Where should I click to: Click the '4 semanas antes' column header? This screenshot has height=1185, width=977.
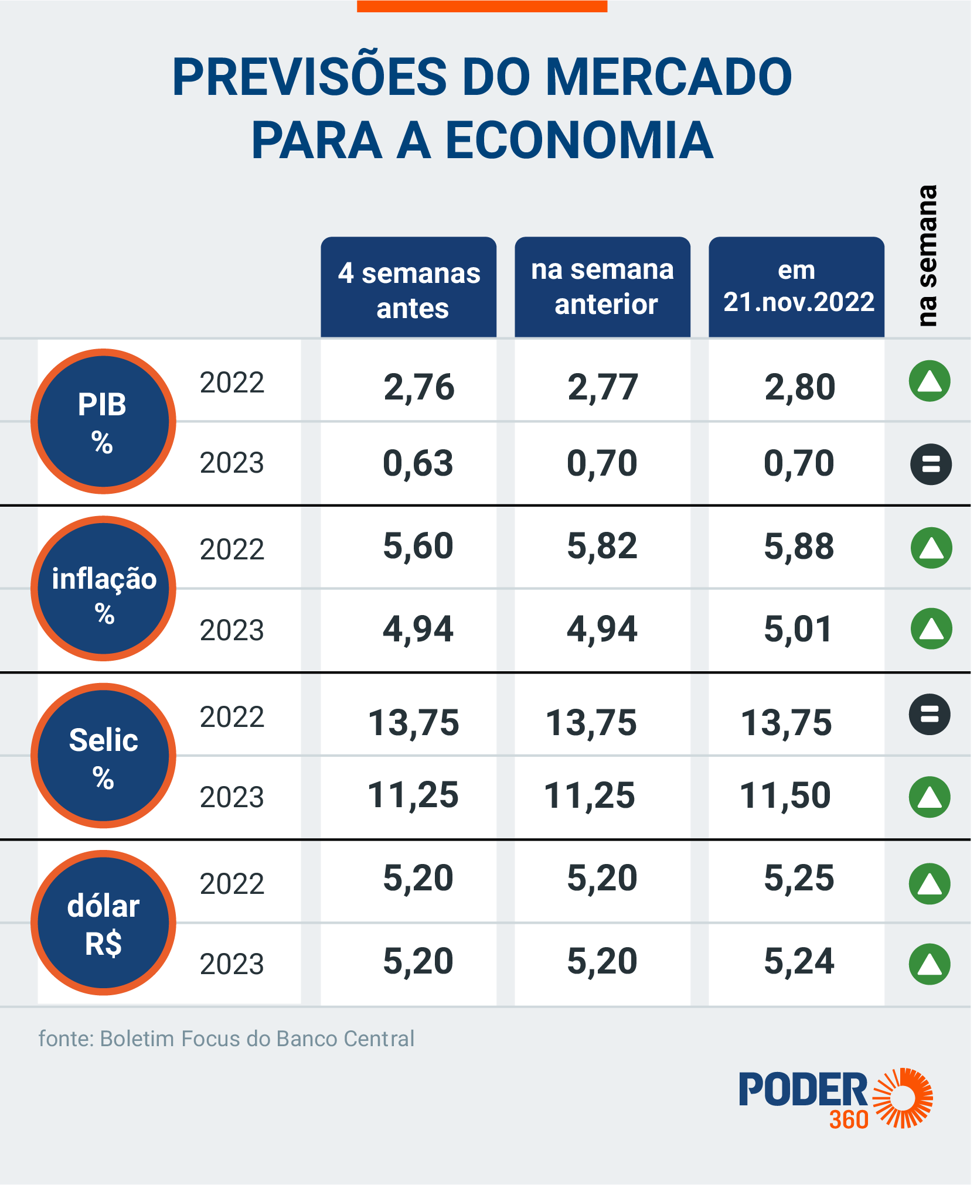tap(408, 288)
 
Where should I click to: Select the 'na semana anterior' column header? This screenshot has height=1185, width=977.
tap(602, 287)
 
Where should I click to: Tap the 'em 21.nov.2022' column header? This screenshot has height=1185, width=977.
tap(796, 287)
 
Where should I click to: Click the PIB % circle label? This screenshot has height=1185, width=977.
tap(103, 421)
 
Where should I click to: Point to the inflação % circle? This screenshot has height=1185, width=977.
tap(103, 589)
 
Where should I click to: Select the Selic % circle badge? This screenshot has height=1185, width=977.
tap(103, 756)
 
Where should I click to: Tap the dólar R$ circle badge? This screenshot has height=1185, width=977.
tap(103, 923)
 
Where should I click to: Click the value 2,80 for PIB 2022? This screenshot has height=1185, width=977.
tap(799, 387)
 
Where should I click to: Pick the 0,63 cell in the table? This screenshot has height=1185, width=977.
tap(418, 463)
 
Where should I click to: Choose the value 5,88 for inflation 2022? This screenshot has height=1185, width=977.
tap(799, 547)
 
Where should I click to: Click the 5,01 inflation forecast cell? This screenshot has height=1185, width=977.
tap(798, 630)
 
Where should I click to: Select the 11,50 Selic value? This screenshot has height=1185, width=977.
tap(785, 795)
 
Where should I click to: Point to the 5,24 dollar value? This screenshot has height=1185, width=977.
tap(799, 961)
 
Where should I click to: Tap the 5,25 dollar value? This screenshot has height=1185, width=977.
tap(799, 878)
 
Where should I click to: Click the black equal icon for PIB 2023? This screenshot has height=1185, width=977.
tap(931, 465)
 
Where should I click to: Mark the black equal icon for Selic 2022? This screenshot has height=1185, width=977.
tap(930, 715)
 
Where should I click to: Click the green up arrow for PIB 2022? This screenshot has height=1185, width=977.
tap(930, 381)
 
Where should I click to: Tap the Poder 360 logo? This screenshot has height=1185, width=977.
tap(835, 1098)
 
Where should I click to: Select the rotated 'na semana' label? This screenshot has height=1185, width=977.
tap(927, 256)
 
